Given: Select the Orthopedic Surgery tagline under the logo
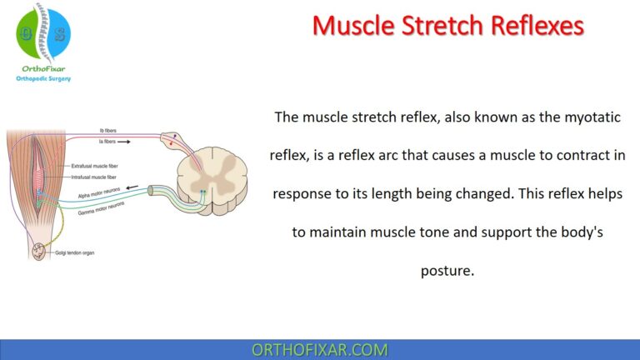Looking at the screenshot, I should click(43, 78).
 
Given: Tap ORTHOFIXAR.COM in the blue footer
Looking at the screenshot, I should click(319, 350).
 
